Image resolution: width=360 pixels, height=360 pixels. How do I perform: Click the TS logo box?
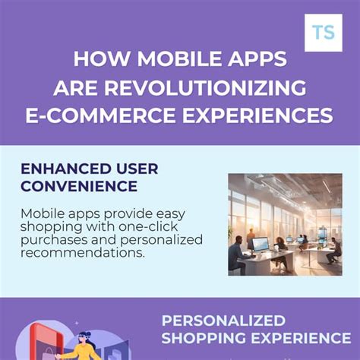pos(323,33)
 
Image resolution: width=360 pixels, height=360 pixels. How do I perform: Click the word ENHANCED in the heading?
pos(61,169)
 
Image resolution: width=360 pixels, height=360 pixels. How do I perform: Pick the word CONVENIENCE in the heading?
pos(79,186)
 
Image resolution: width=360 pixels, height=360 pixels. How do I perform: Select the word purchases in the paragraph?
pos(51,239)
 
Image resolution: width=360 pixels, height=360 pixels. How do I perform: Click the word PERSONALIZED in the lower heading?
pos(224,321)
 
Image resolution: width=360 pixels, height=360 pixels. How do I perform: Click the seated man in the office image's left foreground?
pos(236,255)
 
